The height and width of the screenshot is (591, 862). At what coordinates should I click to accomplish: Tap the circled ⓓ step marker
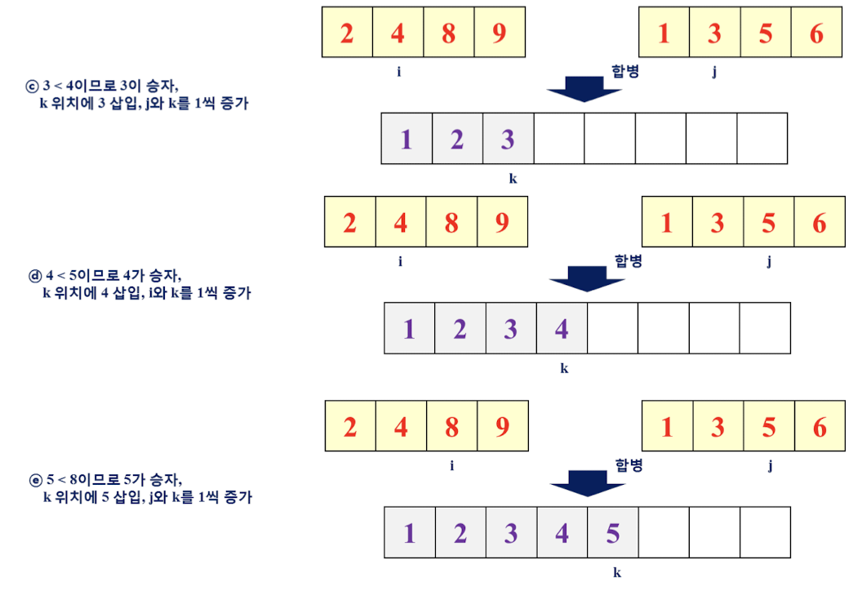coord(35,275)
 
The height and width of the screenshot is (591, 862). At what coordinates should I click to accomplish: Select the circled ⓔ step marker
coord(35,479)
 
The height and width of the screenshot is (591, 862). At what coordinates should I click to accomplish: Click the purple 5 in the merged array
coord(612,533)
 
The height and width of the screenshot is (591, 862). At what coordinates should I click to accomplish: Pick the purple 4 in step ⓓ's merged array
coord(562,329)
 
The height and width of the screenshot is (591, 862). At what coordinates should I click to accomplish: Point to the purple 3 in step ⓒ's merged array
coord(508,140)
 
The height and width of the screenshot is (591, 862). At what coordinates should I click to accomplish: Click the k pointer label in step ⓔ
coord(617,573)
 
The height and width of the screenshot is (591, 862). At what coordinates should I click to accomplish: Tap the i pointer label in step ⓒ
coord(398,72)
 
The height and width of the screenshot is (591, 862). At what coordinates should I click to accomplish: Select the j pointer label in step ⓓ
coord(770,261)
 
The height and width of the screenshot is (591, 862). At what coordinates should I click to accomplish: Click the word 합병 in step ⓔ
coord(629,465)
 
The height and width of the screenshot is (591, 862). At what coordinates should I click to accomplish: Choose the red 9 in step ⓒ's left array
coord(499,33)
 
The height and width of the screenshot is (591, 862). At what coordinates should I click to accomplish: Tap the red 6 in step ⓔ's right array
coord(820,427)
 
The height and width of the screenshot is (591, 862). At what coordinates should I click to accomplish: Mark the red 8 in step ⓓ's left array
coord(451,223)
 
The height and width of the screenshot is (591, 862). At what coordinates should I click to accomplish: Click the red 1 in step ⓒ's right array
coord(664,33)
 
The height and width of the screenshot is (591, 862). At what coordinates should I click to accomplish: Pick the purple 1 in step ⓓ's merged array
coord(409,329)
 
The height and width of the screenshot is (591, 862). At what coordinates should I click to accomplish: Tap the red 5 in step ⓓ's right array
coord(768,223)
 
